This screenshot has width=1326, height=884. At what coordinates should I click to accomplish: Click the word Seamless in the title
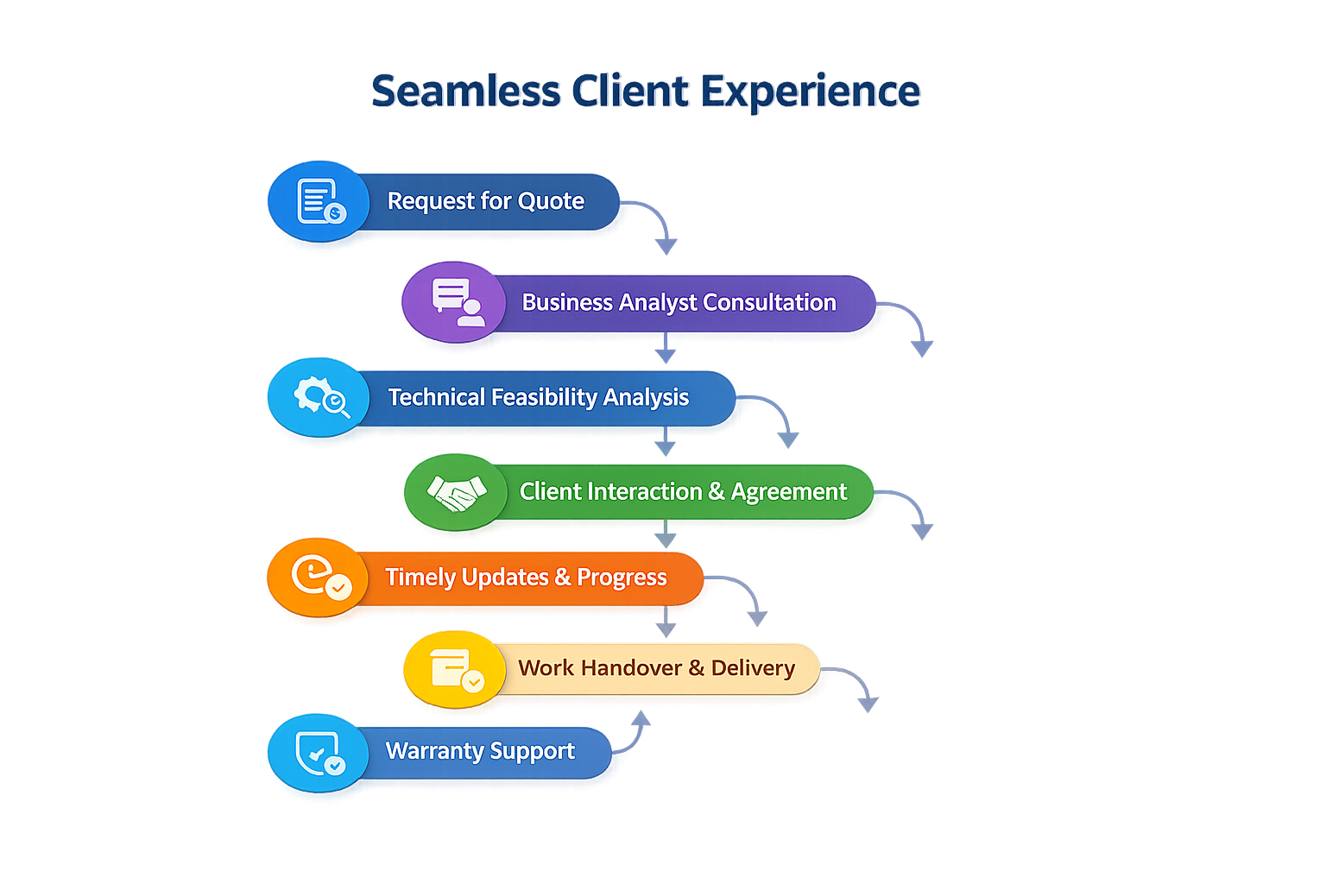click(466, 92)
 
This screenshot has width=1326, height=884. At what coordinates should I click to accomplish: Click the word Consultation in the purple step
click(769, 302)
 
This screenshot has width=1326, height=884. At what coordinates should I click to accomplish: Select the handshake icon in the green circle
click(457, 492)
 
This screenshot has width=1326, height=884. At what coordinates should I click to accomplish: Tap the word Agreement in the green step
click(789, 492)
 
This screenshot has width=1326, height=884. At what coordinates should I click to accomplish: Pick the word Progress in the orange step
click(622, 577)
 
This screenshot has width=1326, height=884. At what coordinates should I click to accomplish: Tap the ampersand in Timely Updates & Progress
click(563, 577)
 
